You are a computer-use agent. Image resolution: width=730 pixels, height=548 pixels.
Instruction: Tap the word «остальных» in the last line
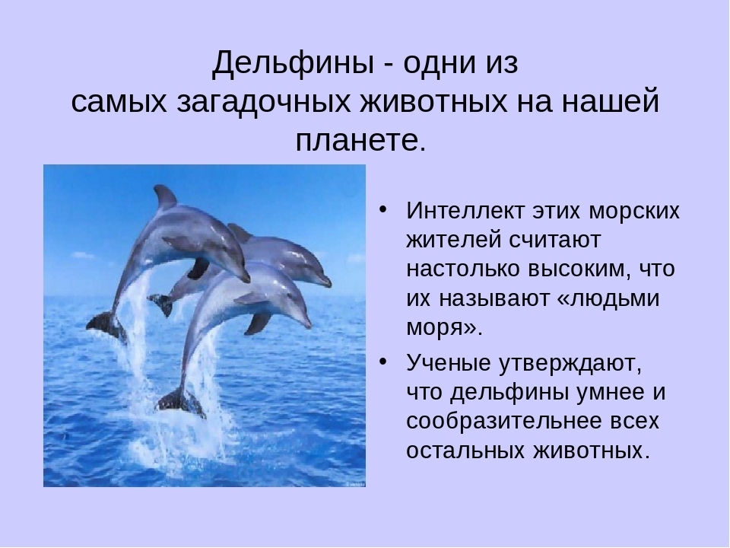click(462, 451)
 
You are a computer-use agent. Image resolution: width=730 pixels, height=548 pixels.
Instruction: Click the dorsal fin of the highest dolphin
click(164, 196)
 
